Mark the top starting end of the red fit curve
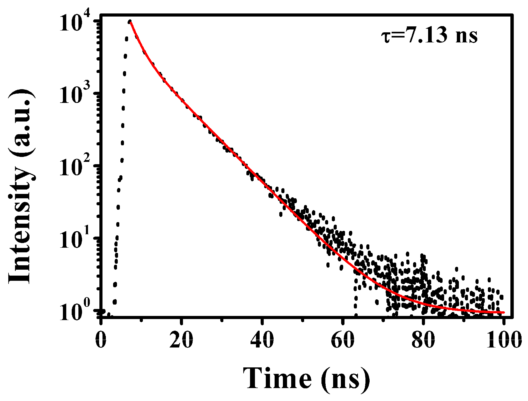point(131,22)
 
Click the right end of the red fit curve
point(503,313)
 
